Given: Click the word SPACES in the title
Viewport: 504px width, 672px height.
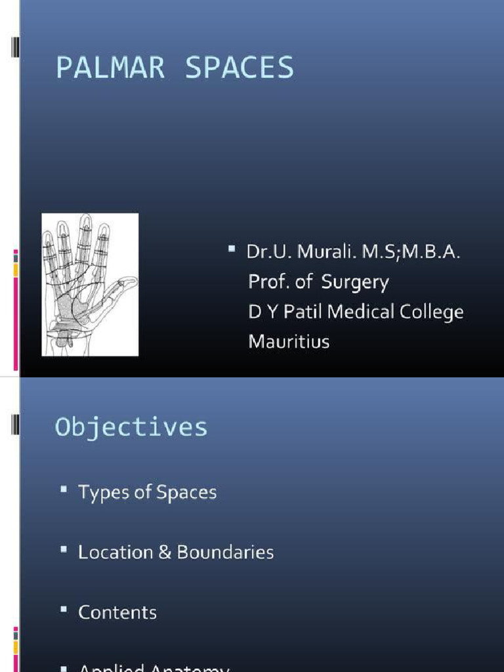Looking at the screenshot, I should tap(240, 68).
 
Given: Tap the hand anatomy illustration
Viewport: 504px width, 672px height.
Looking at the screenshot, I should tap(90, 285).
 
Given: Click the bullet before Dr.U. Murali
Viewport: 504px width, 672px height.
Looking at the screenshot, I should tap(232, 249).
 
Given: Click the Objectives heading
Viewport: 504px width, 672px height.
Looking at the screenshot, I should tap(131, 427).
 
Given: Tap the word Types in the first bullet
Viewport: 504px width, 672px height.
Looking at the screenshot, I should tap(99, 493).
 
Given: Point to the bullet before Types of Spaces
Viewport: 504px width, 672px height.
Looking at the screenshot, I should tap(63, 490).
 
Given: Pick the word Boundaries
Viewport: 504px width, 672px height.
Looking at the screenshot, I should tap(225, 553).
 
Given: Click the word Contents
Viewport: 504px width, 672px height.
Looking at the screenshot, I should tap(117, 612).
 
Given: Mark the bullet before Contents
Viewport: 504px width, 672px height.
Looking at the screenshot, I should tap(63, 610).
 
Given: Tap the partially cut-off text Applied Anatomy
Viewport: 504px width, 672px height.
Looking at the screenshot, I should tap(154, 667).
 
